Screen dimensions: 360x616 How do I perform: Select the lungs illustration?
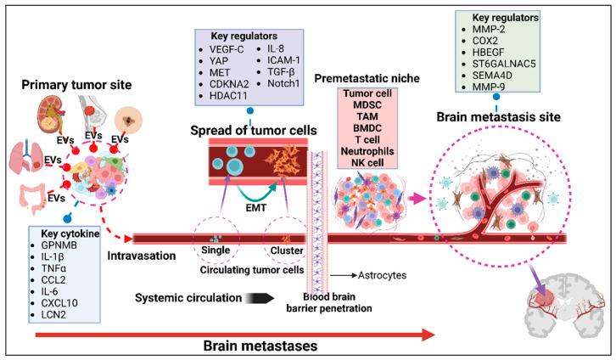tap(28, 128)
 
